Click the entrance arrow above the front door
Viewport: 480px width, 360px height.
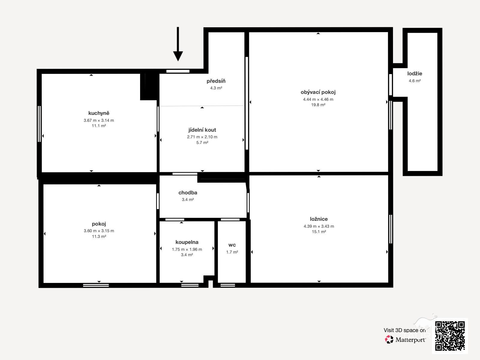click(x=178, y=44)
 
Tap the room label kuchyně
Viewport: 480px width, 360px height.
click(x=99, y=113)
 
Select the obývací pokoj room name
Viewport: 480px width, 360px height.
click(x=318, y=92)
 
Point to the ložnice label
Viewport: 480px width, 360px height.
click(x=319, y=219)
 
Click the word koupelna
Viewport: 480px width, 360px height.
click(x=187, y=242)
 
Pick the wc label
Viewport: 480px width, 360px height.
click(x=232, y=245)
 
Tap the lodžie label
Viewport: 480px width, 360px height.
click(x=415, y=73)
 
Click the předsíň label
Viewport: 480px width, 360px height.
click(x=216, y=81)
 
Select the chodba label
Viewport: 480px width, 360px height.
click(x=187, y=193)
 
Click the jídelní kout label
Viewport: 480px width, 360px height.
click(x=202, y=130)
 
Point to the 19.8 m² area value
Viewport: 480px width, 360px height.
click(x=318, y=105)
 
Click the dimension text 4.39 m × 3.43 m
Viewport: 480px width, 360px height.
click(x=319, y=226)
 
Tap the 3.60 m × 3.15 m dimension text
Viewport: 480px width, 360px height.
click(x=99, y=231)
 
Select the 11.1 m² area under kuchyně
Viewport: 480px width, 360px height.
click(x=99, y=126)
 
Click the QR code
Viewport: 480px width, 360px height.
click(x=450, y=336)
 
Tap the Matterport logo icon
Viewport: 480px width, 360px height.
click(x=389, y=340)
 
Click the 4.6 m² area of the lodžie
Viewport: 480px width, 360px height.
click(x=415, y=81)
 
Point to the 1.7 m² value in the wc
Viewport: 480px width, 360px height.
click(x=232, y=252)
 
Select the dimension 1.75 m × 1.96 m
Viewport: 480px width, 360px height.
click(x=187, y=249)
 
